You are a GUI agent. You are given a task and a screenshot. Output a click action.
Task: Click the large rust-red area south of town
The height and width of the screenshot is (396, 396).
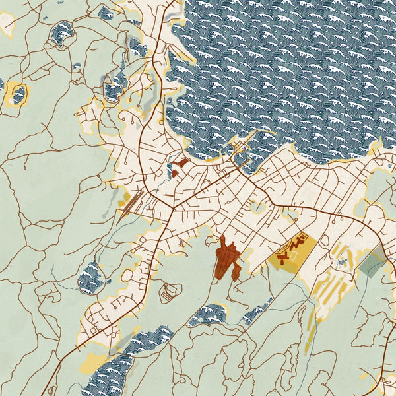pos(227,261)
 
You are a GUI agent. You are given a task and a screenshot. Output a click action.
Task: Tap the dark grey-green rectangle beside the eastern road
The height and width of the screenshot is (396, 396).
pos(372,264)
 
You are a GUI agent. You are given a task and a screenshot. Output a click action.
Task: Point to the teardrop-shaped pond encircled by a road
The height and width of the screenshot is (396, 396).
pos(91,277)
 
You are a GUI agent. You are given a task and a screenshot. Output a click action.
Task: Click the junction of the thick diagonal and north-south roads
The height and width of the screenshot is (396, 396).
pos(173,209)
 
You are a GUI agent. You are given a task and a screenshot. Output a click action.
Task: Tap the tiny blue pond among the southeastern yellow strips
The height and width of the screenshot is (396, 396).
pos(342,262)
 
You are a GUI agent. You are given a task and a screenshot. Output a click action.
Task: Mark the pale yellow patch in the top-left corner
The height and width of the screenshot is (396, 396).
pos(7,23)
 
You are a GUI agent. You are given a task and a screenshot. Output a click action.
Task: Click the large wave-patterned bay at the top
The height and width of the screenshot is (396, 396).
pos(284,66)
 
